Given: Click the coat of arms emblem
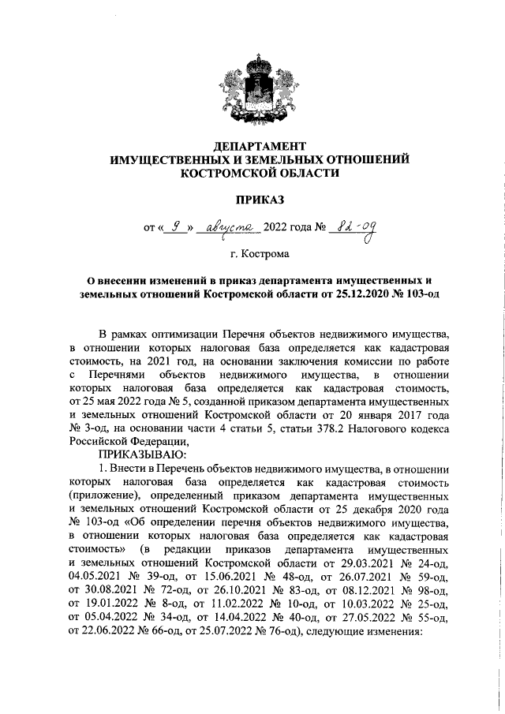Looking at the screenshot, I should [260, 86].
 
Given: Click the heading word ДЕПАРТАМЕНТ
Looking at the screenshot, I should [260, 146].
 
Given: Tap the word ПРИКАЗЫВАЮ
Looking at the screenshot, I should [141, 454].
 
